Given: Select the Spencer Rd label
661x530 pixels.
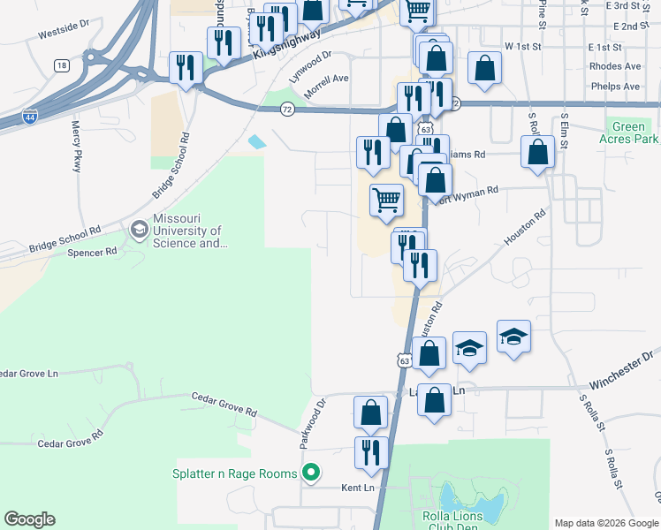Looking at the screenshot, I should pos(92,252).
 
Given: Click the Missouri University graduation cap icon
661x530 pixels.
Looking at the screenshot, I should pos(140,230).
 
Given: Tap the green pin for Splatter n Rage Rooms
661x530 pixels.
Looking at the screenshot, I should pos(310,473).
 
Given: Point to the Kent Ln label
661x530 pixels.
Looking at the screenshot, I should pos(358,488).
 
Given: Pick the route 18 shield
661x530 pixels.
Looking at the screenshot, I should pos(60,65).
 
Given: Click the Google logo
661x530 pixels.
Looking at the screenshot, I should pos(29,519).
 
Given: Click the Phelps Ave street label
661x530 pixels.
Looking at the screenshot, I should pos(619,87).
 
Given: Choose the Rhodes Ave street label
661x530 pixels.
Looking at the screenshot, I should pos(618,66).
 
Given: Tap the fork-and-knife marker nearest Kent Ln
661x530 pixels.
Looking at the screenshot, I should pos(371,452).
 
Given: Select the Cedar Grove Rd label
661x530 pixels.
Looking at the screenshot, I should pos(224,405).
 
